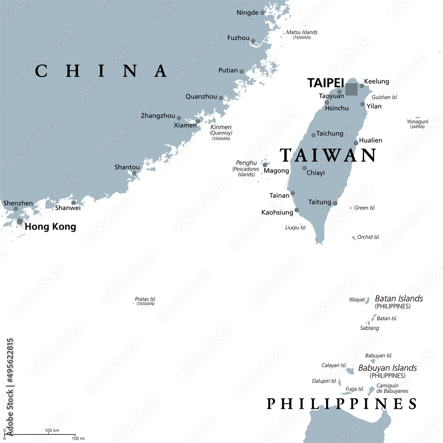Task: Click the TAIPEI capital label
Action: pos(326,83)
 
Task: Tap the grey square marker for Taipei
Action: pos(351,89)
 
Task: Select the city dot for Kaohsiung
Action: pos(297,210)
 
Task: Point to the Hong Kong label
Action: pos(51,227)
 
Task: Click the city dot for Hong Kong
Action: pos(20,221)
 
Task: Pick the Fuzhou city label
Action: pos(238,38)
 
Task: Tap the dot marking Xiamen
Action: pos(198,121)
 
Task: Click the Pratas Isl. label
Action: pos(145,299)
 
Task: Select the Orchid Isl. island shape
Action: pos(354,238)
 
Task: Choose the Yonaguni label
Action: pos(417,121)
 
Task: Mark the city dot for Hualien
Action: pos(356,143)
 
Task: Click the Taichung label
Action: pos(330,133)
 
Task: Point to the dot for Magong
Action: pos(265,165)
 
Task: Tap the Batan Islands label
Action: pos(399,299)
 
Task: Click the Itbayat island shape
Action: pos(367,300)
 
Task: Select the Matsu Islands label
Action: pos(302,32)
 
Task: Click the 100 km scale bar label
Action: pos(52,431)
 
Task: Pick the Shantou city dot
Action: pos(134,173)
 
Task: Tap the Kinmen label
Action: pos(221,127)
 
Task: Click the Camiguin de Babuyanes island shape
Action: pos(371,391)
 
